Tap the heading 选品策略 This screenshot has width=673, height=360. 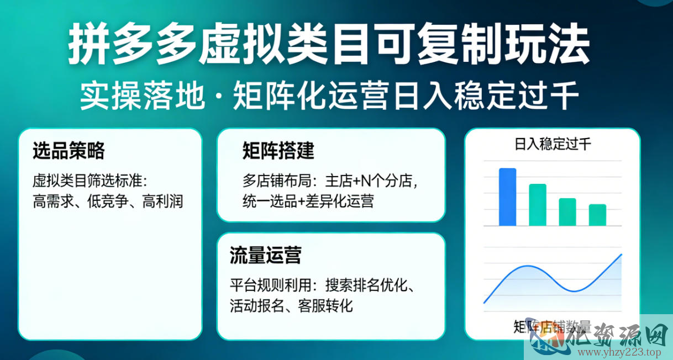(69, 151)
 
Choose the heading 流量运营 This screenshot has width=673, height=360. (266, 256)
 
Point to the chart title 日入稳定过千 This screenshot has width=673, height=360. (553, 145)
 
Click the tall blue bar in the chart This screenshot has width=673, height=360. (507, 197)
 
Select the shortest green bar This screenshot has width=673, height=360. (597, 215)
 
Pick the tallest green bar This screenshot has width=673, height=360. (538, 205)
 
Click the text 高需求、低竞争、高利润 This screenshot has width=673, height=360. (108, 201)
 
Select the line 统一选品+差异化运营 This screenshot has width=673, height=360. (308, 201)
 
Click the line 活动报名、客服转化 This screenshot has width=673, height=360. (291, 305)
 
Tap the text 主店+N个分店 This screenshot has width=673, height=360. (369, 181)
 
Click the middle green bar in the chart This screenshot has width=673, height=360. (567, 212)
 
